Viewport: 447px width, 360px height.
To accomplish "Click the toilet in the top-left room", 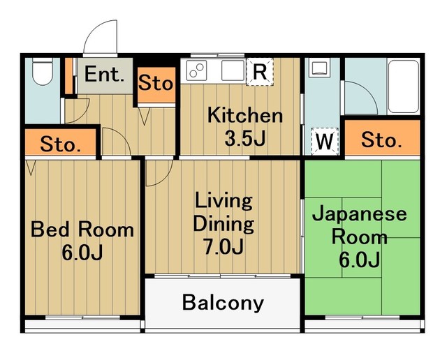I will coord(43,73).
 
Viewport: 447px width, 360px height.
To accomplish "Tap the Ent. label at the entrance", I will coord(105,75).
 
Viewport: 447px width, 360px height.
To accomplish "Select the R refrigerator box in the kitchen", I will coord(258,70).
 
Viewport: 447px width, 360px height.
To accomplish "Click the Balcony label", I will coord(223,303).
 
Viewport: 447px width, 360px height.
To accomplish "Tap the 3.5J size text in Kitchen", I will coord(244,138).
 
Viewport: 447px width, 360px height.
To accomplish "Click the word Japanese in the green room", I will coord(359,213).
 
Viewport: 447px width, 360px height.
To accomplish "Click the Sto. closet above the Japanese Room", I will coord(381,142).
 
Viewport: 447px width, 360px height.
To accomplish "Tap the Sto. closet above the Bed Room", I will coord(60,145).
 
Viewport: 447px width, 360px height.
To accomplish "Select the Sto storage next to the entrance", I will coord(155,84).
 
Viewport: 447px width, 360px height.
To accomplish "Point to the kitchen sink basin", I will coord(231,70).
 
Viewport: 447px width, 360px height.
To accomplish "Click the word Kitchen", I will coord(244,115).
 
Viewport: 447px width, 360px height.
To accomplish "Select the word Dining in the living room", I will coord(223,224).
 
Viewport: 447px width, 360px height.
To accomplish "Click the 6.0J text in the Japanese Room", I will coord(359,260).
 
